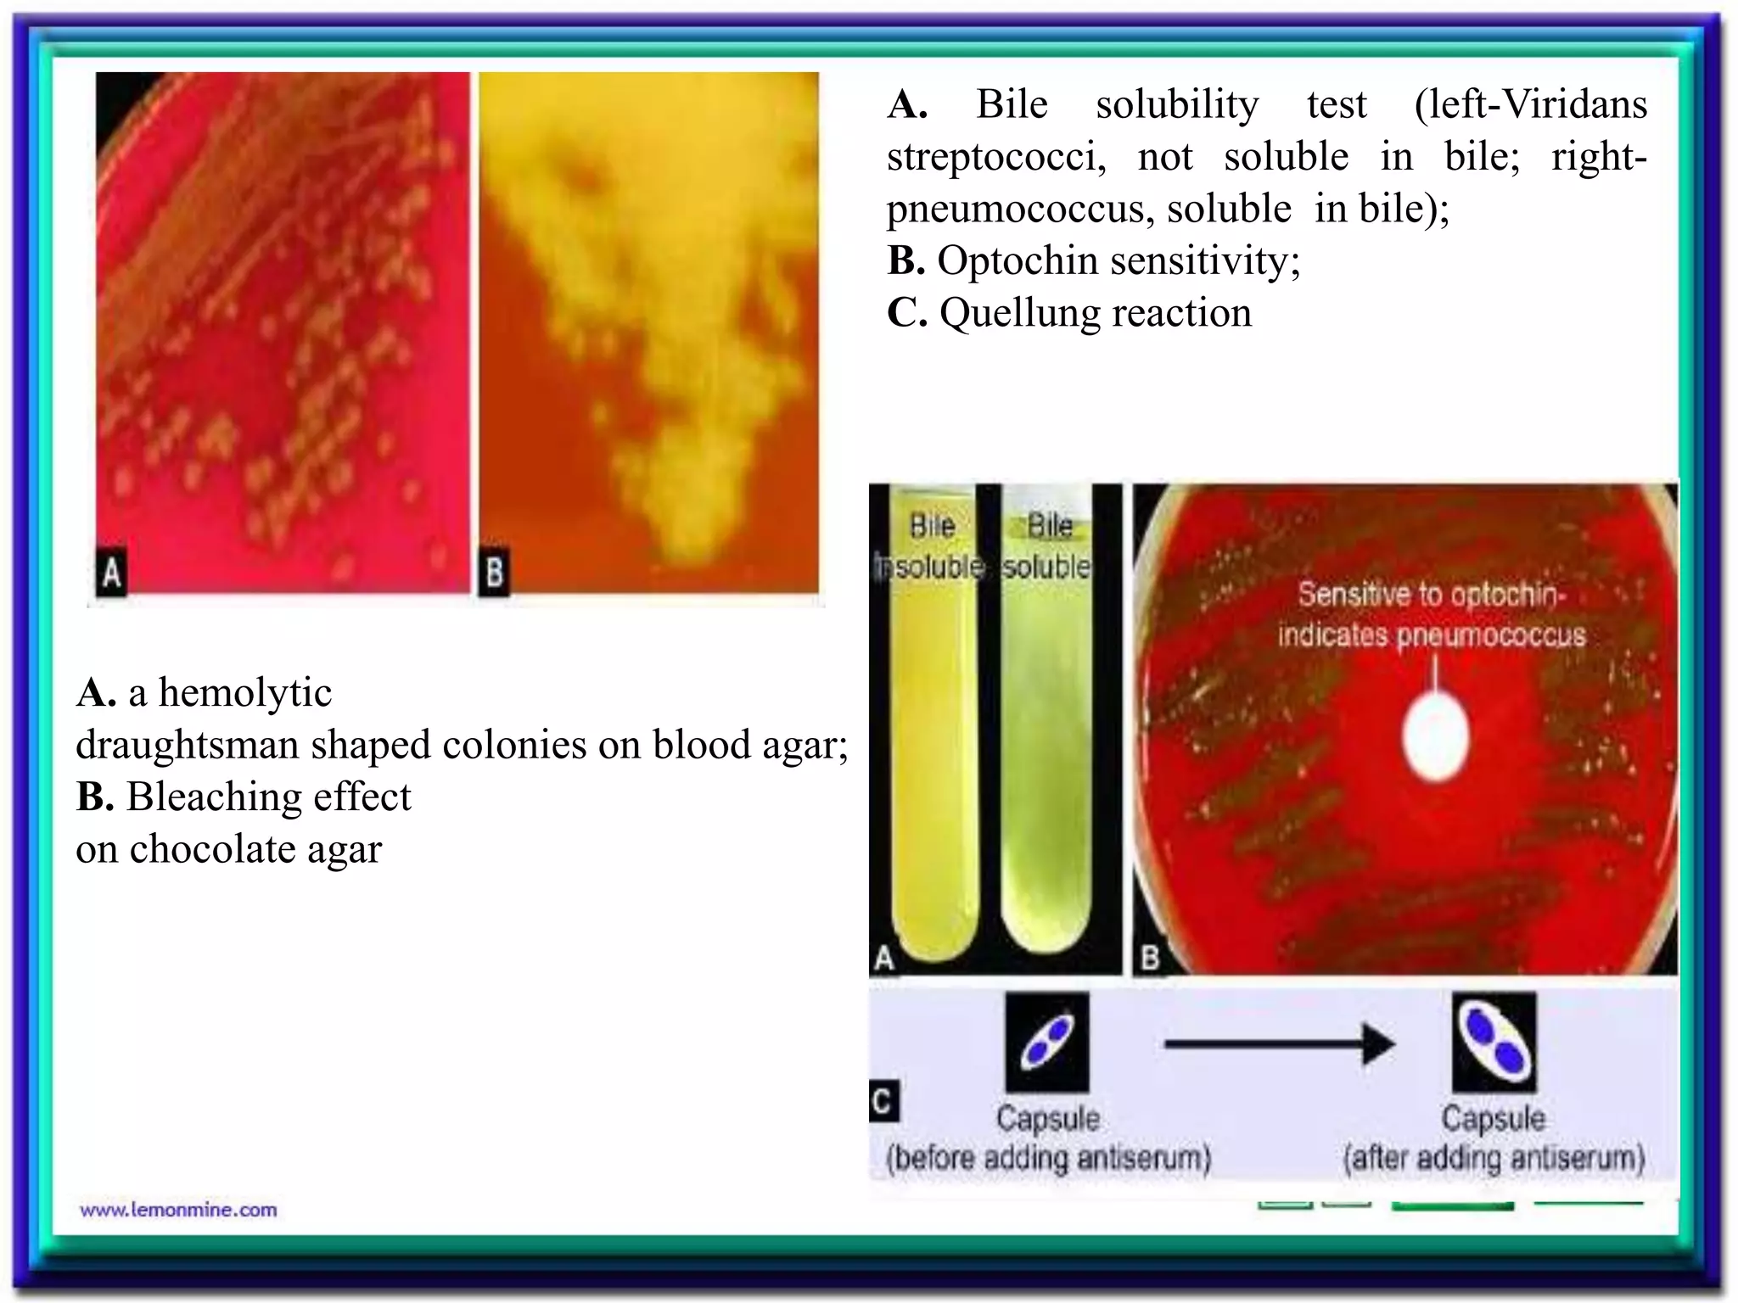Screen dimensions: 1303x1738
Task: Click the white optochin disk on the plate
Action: coord(1435,737)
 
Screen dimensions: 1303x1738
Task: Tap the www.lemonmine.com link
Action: coord(178,1210)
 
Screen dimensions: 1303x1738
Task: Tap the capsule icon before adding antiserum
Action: coord(1047,1043)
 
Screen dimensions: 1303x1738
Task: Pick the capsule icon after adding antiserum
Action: coord(1494,1043)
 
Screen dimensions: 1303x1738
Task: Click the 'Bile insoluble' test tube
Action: coord(931,747)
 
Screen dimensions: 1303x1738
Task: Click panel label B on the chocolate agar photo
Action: coord(494,573)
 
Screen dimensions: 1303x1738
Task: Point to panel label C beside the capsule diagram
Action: coord(883,1101)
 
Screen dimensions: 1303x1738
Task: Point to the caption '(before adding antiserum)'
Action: coord(1048,1158)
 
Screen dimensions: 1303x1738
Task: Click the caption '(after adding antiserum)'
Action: coord(1494,1158)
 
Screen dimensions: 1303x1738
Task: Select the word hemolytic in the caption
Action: coord(244,693)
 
